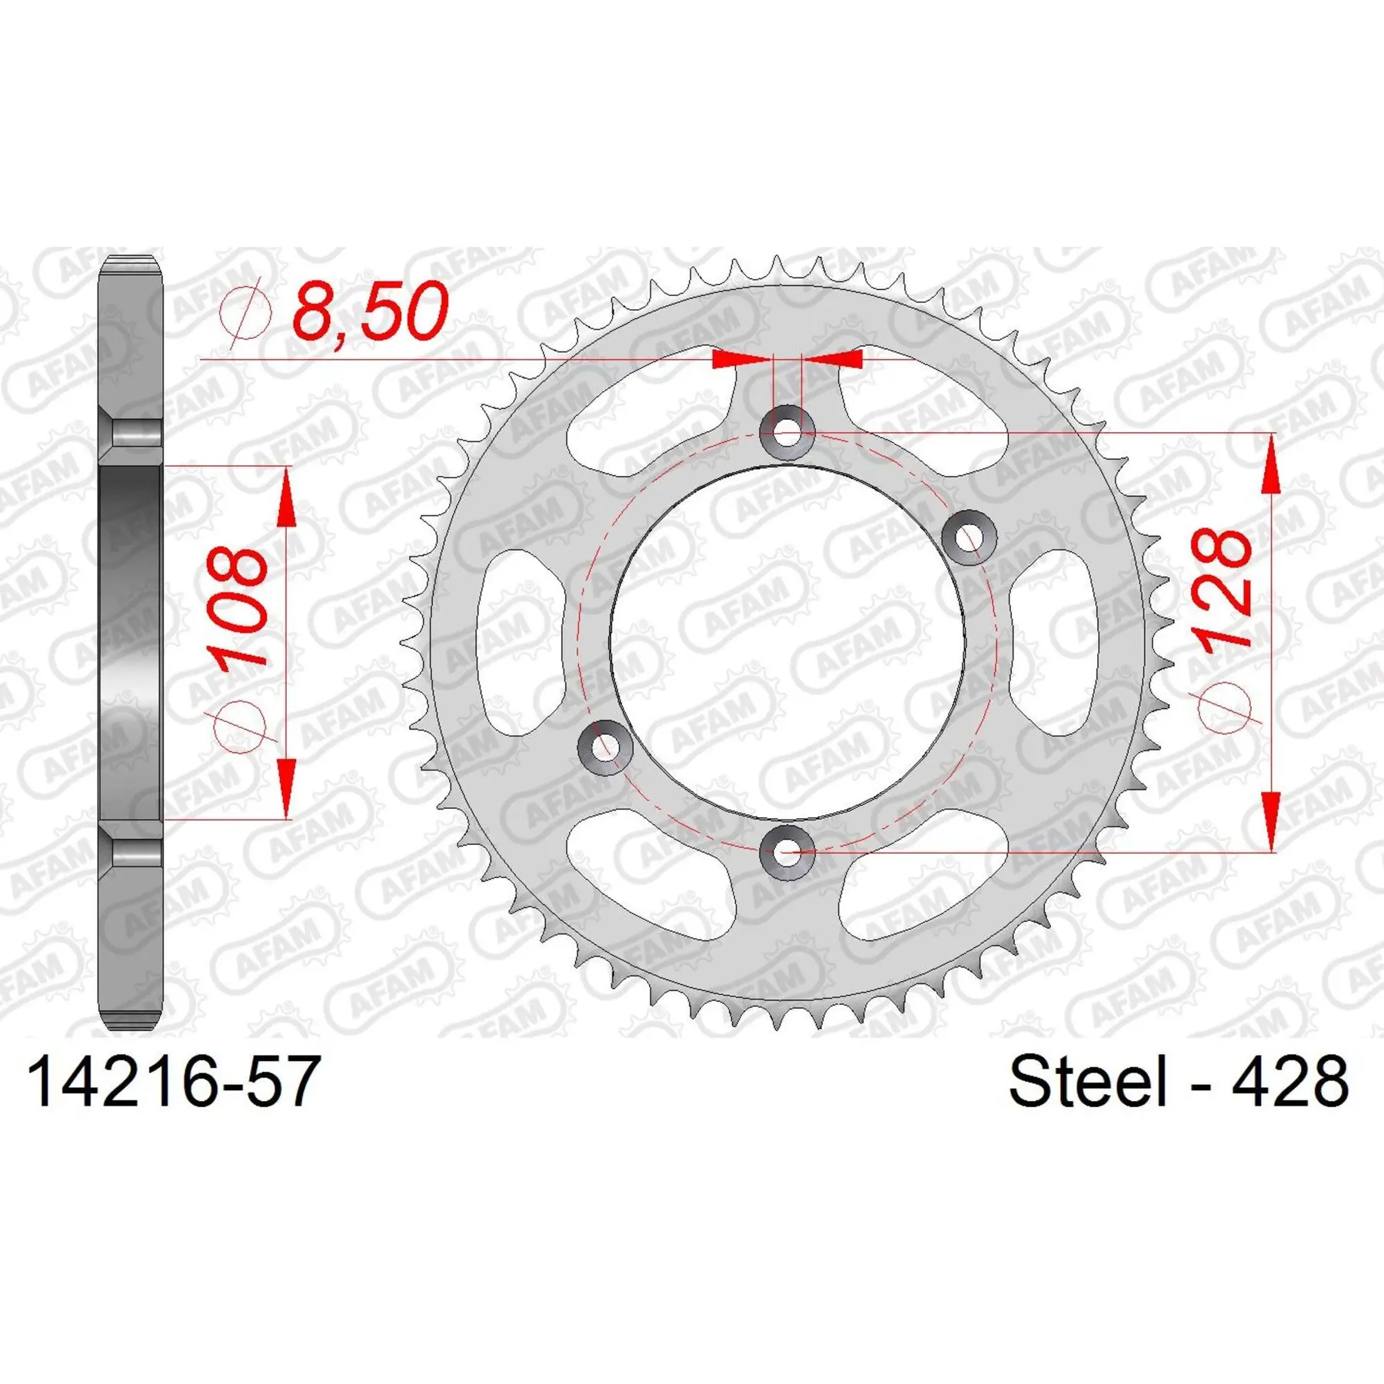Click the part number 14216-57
(173, 1082)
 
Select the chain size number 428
(1289, 1082)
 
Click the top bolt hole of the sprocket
(787, 432)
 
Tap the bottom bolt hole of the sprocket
(787, 852)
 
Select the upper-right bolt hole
(969, 537)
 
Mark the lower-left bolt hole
(605, 747)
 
